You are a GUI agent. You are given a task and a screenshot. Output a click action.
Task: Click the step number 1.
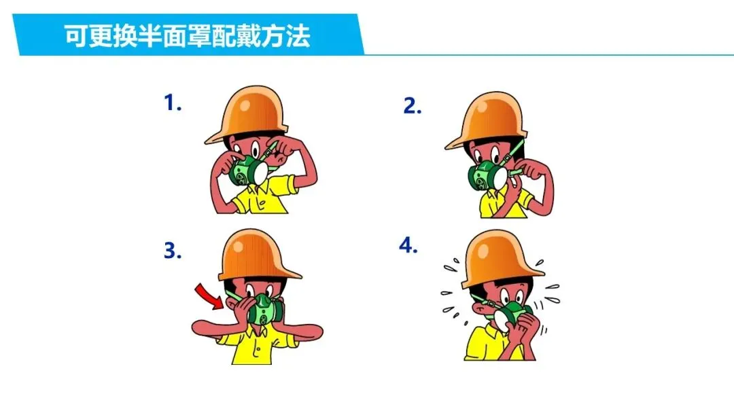(172, 103)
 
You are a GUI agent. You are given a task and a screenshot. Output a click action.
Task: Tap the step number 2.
(412, 106)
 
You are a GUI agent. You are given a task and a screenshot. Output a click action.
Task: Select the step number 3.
(172, 251)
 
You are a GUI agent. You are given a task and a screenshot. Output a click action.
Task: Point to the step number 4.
(408, 245)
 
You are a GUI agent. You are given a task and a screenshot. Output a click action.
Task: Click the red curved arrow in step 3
(209, 295)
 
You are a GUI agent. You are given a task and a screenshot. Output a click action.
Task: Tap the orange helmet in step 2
(486, 120)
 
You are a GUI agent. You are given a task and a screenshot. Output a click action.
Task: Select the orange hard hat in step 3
(258, 255)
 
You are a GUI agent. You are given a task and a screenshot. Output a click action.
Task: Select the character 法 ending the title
(298, 35)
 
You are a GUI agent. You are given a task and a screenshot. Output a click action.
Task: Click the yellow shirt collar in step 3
(257, 331)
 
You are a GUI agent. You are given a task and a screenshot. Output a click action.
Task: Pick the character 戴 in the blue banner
(249, 35)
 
